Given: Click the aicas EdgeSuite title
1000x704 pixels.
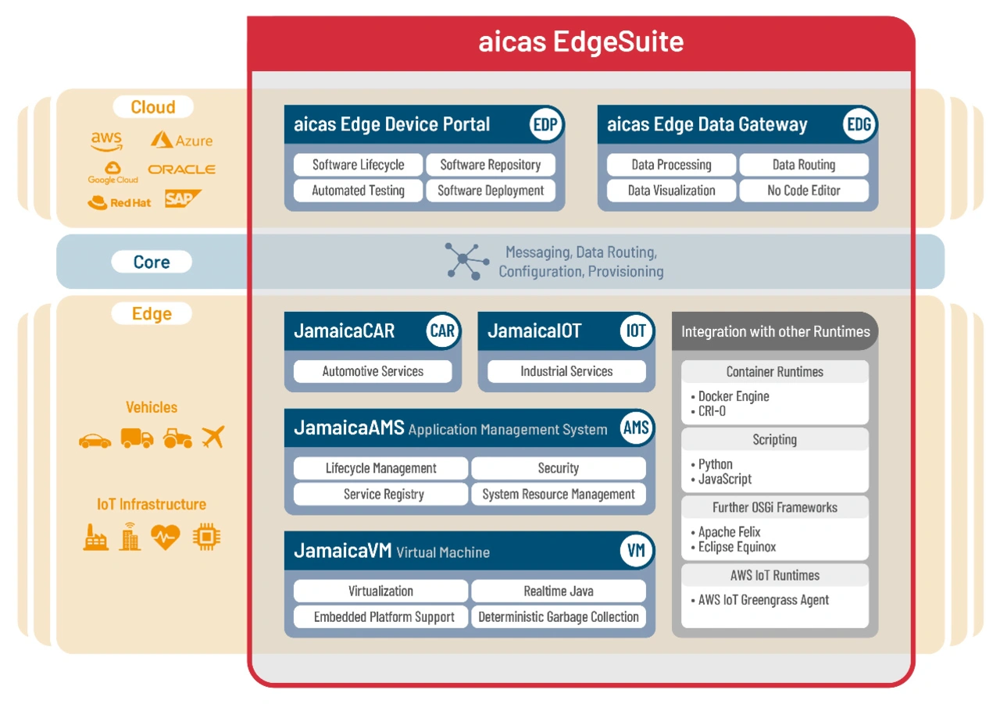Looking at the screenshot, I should [580, 41].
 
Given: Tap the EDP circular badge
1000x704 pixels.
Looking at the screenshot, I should [545, 125].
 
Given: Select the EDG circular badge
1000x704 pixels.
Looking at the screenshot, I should [859, 125].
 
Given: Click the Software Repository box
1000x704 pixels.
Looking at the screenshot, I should [491, 165].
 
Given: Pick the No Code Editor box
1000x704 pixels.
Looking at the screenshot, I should [804, 191].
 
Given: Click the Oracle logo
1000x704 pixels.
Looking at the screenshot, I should [181, 170].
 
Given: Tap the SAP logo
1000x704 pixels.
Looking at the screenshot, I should [182, 199].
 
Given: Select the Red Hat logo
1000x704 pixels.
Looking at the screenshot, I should [120, 202].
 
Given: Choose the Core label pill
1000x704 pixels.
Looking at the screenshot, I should [152, 263].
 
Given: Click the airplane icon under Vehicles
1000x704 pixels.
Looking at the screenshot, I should [212, 437].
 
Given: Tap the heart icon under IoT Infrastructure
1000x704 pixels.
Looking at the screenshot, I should [166, 536].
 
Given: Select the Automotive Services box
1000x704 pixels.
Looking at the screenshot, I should [373, 372].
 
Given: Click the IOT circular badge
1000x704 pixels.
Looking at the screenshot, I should [637, 331].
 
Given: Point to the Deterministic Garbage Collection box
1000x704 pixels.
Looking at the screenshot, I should [559, 617].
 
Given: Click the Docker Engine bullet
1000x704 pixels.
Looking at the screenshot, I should [733, 397].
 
